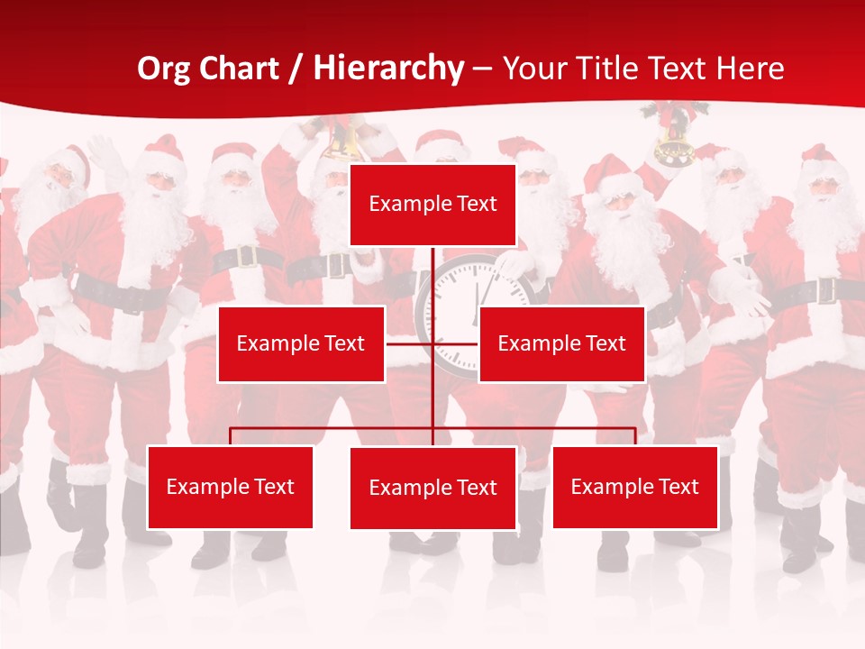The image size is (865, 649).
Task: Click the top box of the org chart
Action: [432, 205]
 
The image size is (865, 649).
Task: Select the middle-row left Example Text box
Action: [301, 343]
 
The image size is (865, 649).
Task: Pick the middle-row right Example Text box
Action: [561, 343]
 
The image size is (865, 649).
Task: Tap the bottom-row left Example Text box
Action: [230, 487]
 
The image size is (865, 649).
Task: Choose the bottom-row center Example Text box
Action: [432, 488]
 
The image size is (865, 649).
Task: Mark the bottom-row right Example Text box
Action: [634, 487]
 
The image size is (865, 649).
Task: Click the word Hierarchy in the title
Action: [388, 69]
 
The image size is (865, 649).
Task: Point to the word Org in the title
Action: [164, 69]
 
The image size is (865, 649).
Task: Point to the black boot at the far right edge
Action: [854, 532]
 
